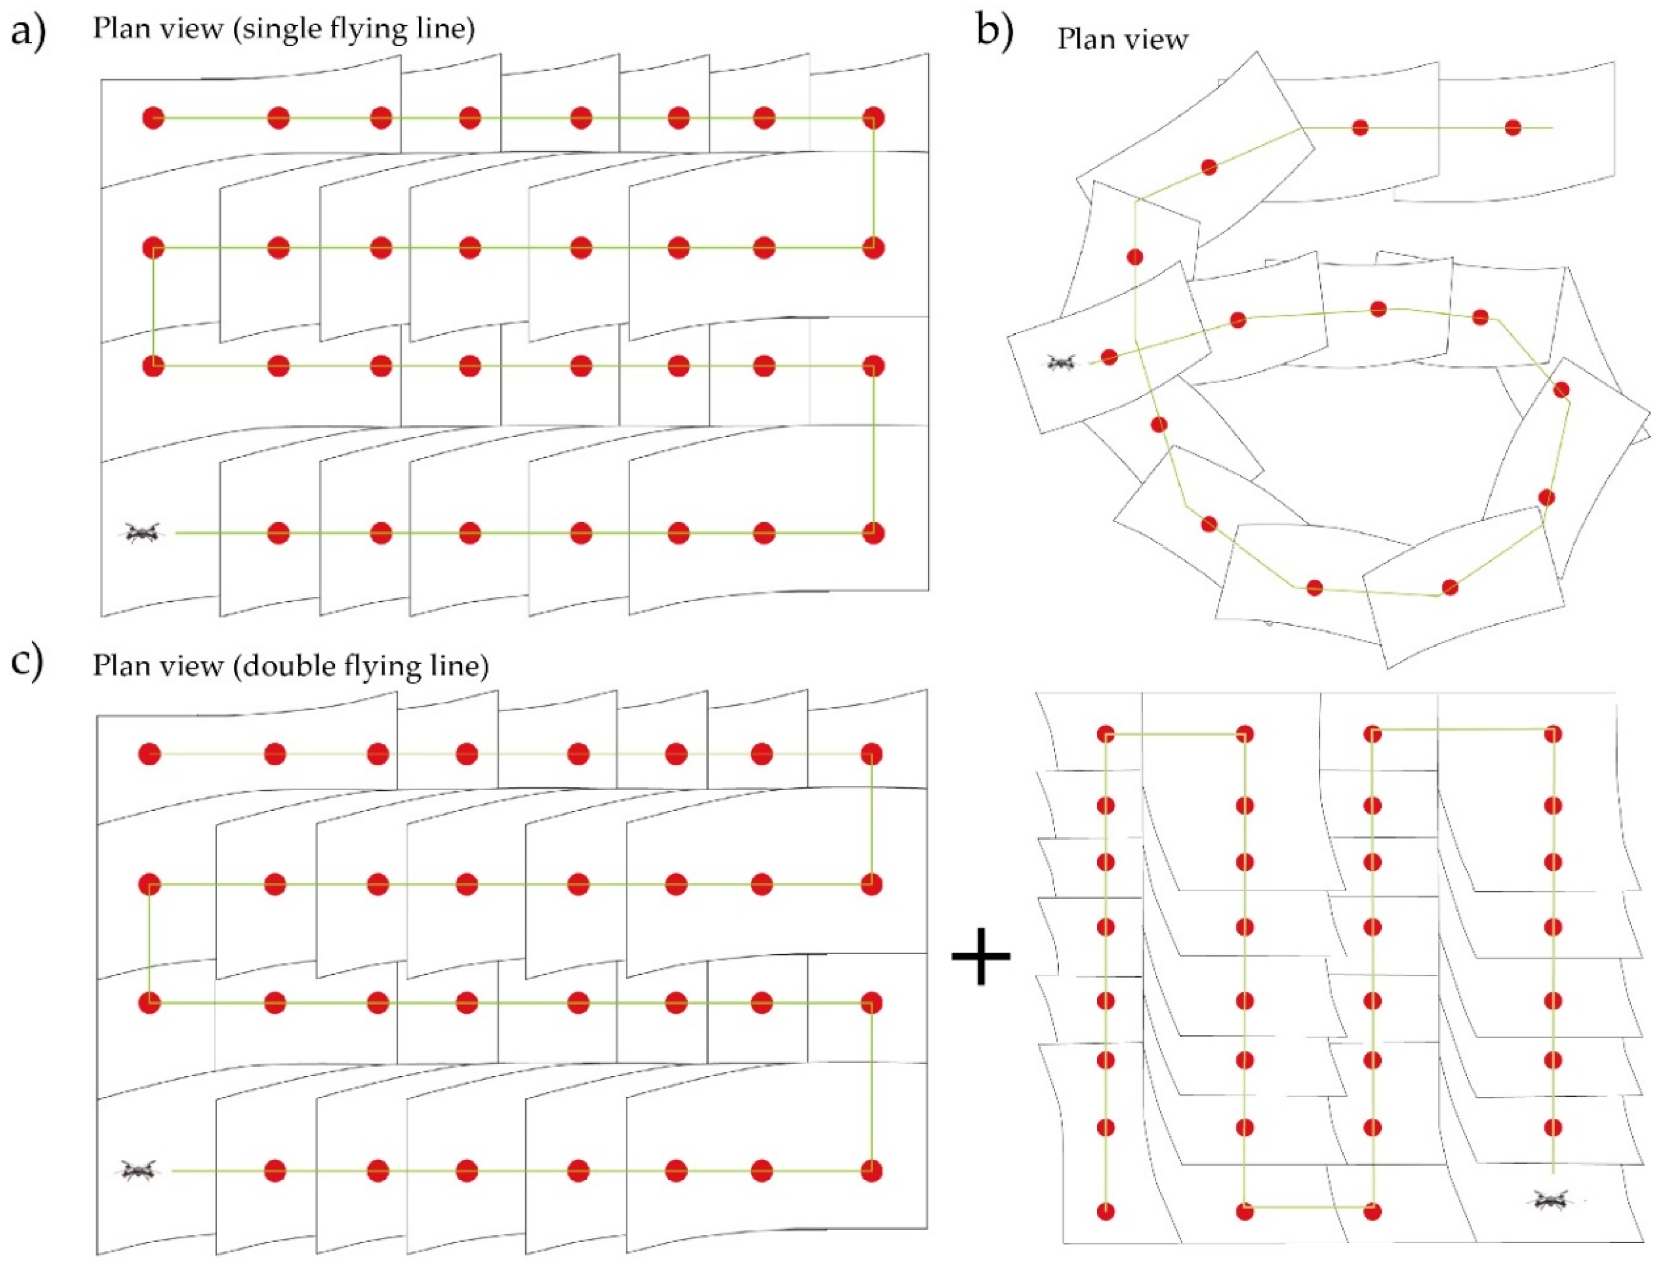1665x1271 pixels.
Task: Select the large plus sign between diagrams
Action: coord(981,956)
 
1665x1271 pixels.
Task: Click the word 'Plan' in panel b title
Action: coord(1084,39)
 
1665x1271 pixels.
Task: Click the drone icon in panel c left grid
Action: coord(138,1171)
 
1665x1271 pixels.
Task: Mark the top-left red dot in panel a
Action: coord(153,118)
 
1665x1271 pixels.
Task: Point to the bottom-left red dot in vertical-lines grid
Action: coord(1106,1211)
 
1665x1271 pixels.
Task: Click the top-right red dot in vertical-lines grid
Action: coord(1553,734)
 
